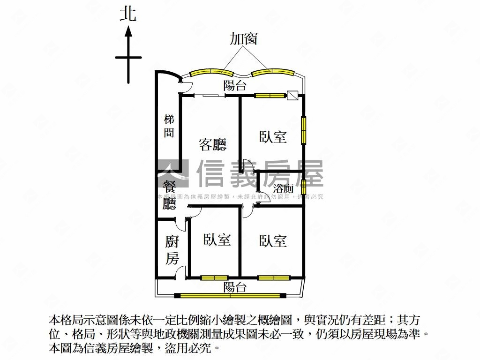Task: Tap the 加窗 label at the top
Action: tap(243, 38)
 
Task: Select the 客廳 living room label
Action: tap(212, 144)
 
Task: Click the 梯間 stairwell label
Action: tap(169, 126)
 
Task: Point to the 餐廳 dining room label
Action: tap(169, 193)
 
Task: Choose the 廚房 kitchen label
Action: tap(172, 250)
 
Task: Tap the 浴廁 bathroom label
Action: tap(283, 189)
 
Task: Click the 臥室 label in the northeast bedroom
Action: tap(273, 137)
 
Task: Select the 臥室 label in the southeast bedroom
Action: tap(273, 241)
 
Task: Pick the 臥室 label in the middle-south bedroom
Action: tap(217, 240)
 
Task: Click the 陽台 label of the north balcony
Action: tap(235, 85)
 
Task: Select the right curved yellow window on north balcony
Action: tap(272, 72)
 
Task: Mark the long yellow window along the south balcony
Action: tap(230, 295)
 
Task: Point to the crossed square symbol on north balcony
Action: tap(292, 95)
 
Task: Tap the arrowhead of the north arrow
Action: tap(128, 32)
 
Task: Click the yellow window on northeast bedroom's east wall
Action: tap(304, 130)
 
